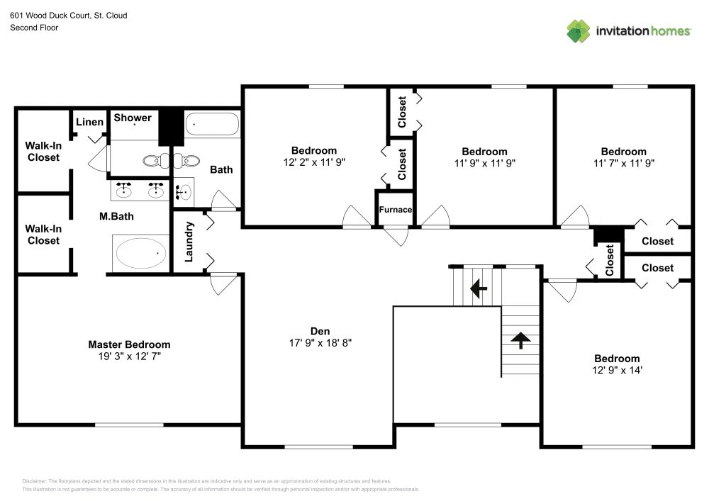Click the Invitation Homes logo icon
[x=579, y=30]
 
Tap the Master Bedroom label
[x=129, y=344]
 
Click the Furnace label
[x=396, y=210]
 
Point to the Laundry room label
[x=189, y=242]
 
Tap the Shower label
[x=133, y=118]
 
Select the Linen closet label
[x=89, y=122]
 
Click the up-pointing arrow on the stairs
[x=521, y=340]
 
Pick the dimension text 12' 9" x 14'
[x=617, y=371]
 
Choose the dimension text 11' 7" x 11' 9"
[x=623, y=163]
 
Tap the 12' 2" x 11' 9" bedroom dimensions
[x=313, y=162]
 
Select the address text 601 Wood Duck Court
[x=68, y=15]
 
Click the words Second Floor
[x=34, y=28]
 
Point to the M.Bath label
[x=116, y=216]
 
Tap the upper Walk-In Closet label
[x=43, y=152]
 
